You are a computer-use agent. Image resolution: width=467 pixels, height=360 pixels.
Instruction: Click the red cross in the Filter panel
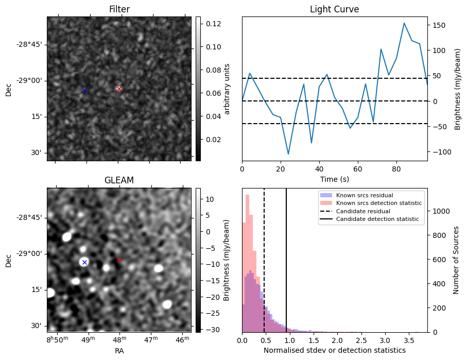[x=119, y=89]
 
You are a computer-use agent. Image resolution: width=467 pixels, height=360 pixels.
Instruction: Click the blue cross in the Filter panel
[x=84, y=91]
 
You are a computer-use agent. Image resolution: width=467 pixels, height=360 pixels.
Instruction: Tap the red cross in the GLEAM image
[x=119, y=260]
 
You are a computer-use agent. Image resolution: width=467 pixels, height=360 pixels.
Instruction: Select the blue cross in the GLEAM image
[x=84, y=262]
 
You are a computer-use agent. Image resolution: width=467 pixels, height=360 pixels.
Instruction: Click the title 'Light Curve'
[x=334, y=9]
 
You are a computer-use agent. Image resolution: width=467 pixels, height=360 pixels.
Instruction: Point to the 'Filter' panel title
[x=119, y=9]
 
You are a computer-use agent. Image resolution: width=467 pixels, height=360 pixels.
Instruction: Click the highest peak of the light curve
[x=404, y=23]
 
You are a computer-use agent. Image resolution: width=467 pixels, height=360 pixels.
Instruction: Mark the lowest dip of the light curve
[x=288, y=154]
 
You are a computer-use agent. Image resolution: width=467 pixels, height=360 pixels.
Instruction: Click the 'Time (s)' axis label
[x=334, y=178]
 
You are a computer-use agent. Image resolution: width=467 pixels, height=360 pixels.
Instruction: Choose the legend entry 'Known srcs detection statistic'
[x=378, y=203]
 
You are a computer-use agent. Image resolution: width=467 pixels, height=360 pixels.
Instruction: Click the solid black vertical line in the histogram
[x=286, y=258]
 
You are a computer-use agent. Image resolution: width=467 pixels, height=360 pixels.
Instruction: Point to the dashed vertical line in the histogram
[x=264, y=258]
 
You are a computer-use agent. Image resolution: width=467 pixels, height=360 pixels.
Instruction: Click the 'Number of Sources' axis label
[x=456, y=260]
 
